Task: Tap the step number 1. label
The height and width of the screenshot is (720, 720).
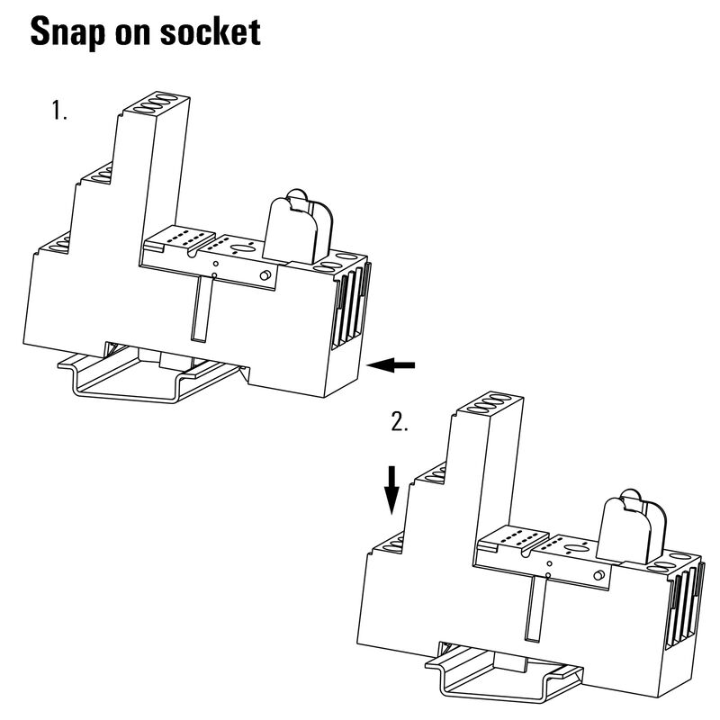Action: tap(59, 112)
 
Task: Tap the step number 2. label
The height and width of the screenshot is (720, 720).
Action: tap(400, 423)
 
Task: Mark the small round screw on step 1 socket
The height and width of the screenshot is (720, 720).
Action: tap(265, 274)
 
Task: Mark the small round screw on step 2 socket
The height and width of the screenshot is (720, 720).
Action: tap(598, 575)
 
